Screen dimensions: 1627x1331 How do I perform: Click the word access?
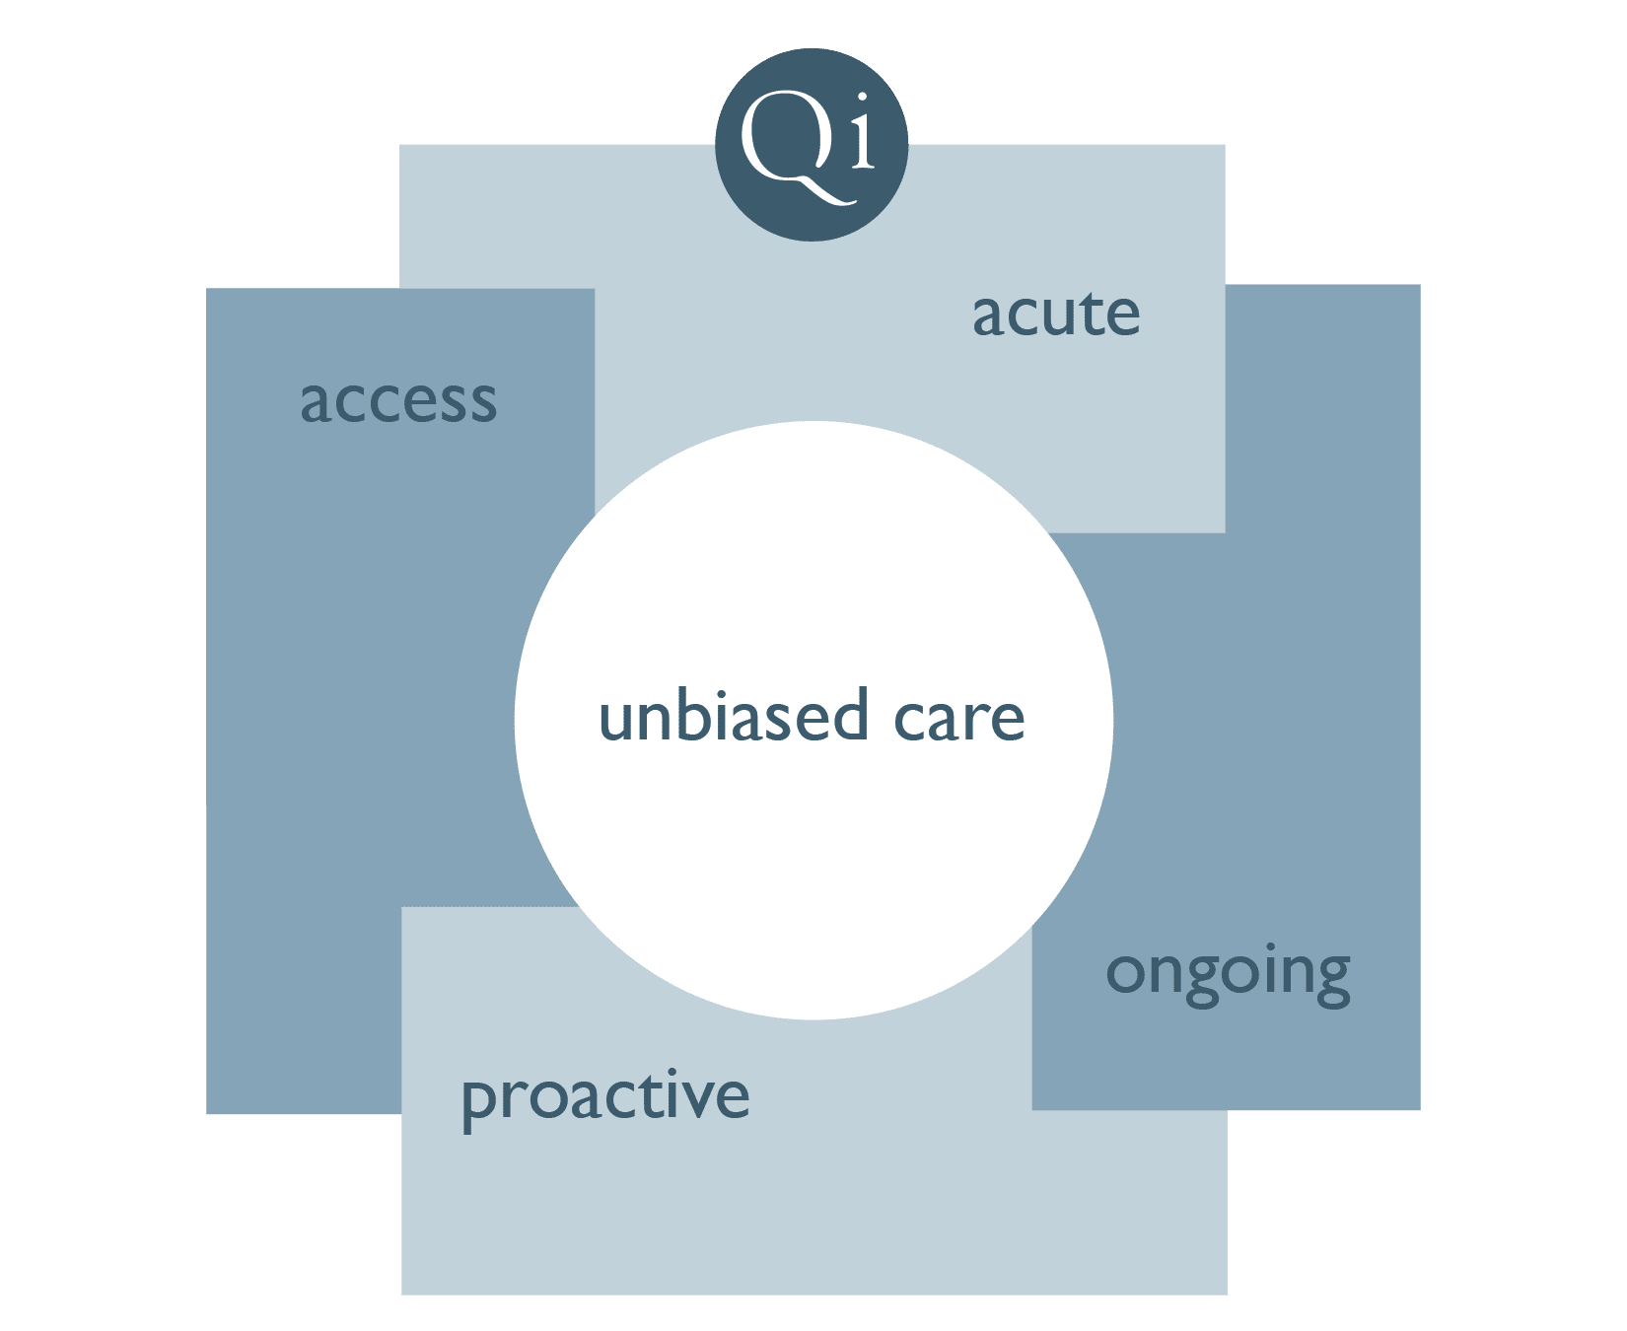398,401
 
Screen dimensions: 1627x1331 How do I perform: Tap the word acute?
1056,315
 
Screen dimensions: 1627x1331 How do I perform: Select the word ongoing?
1228,975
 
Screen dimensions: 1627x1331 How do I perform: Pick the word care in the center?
959,719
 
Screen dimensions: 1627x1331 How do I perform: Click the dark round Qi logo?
812,145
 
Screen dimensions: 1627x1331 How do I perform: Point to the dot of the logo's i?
863,100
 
